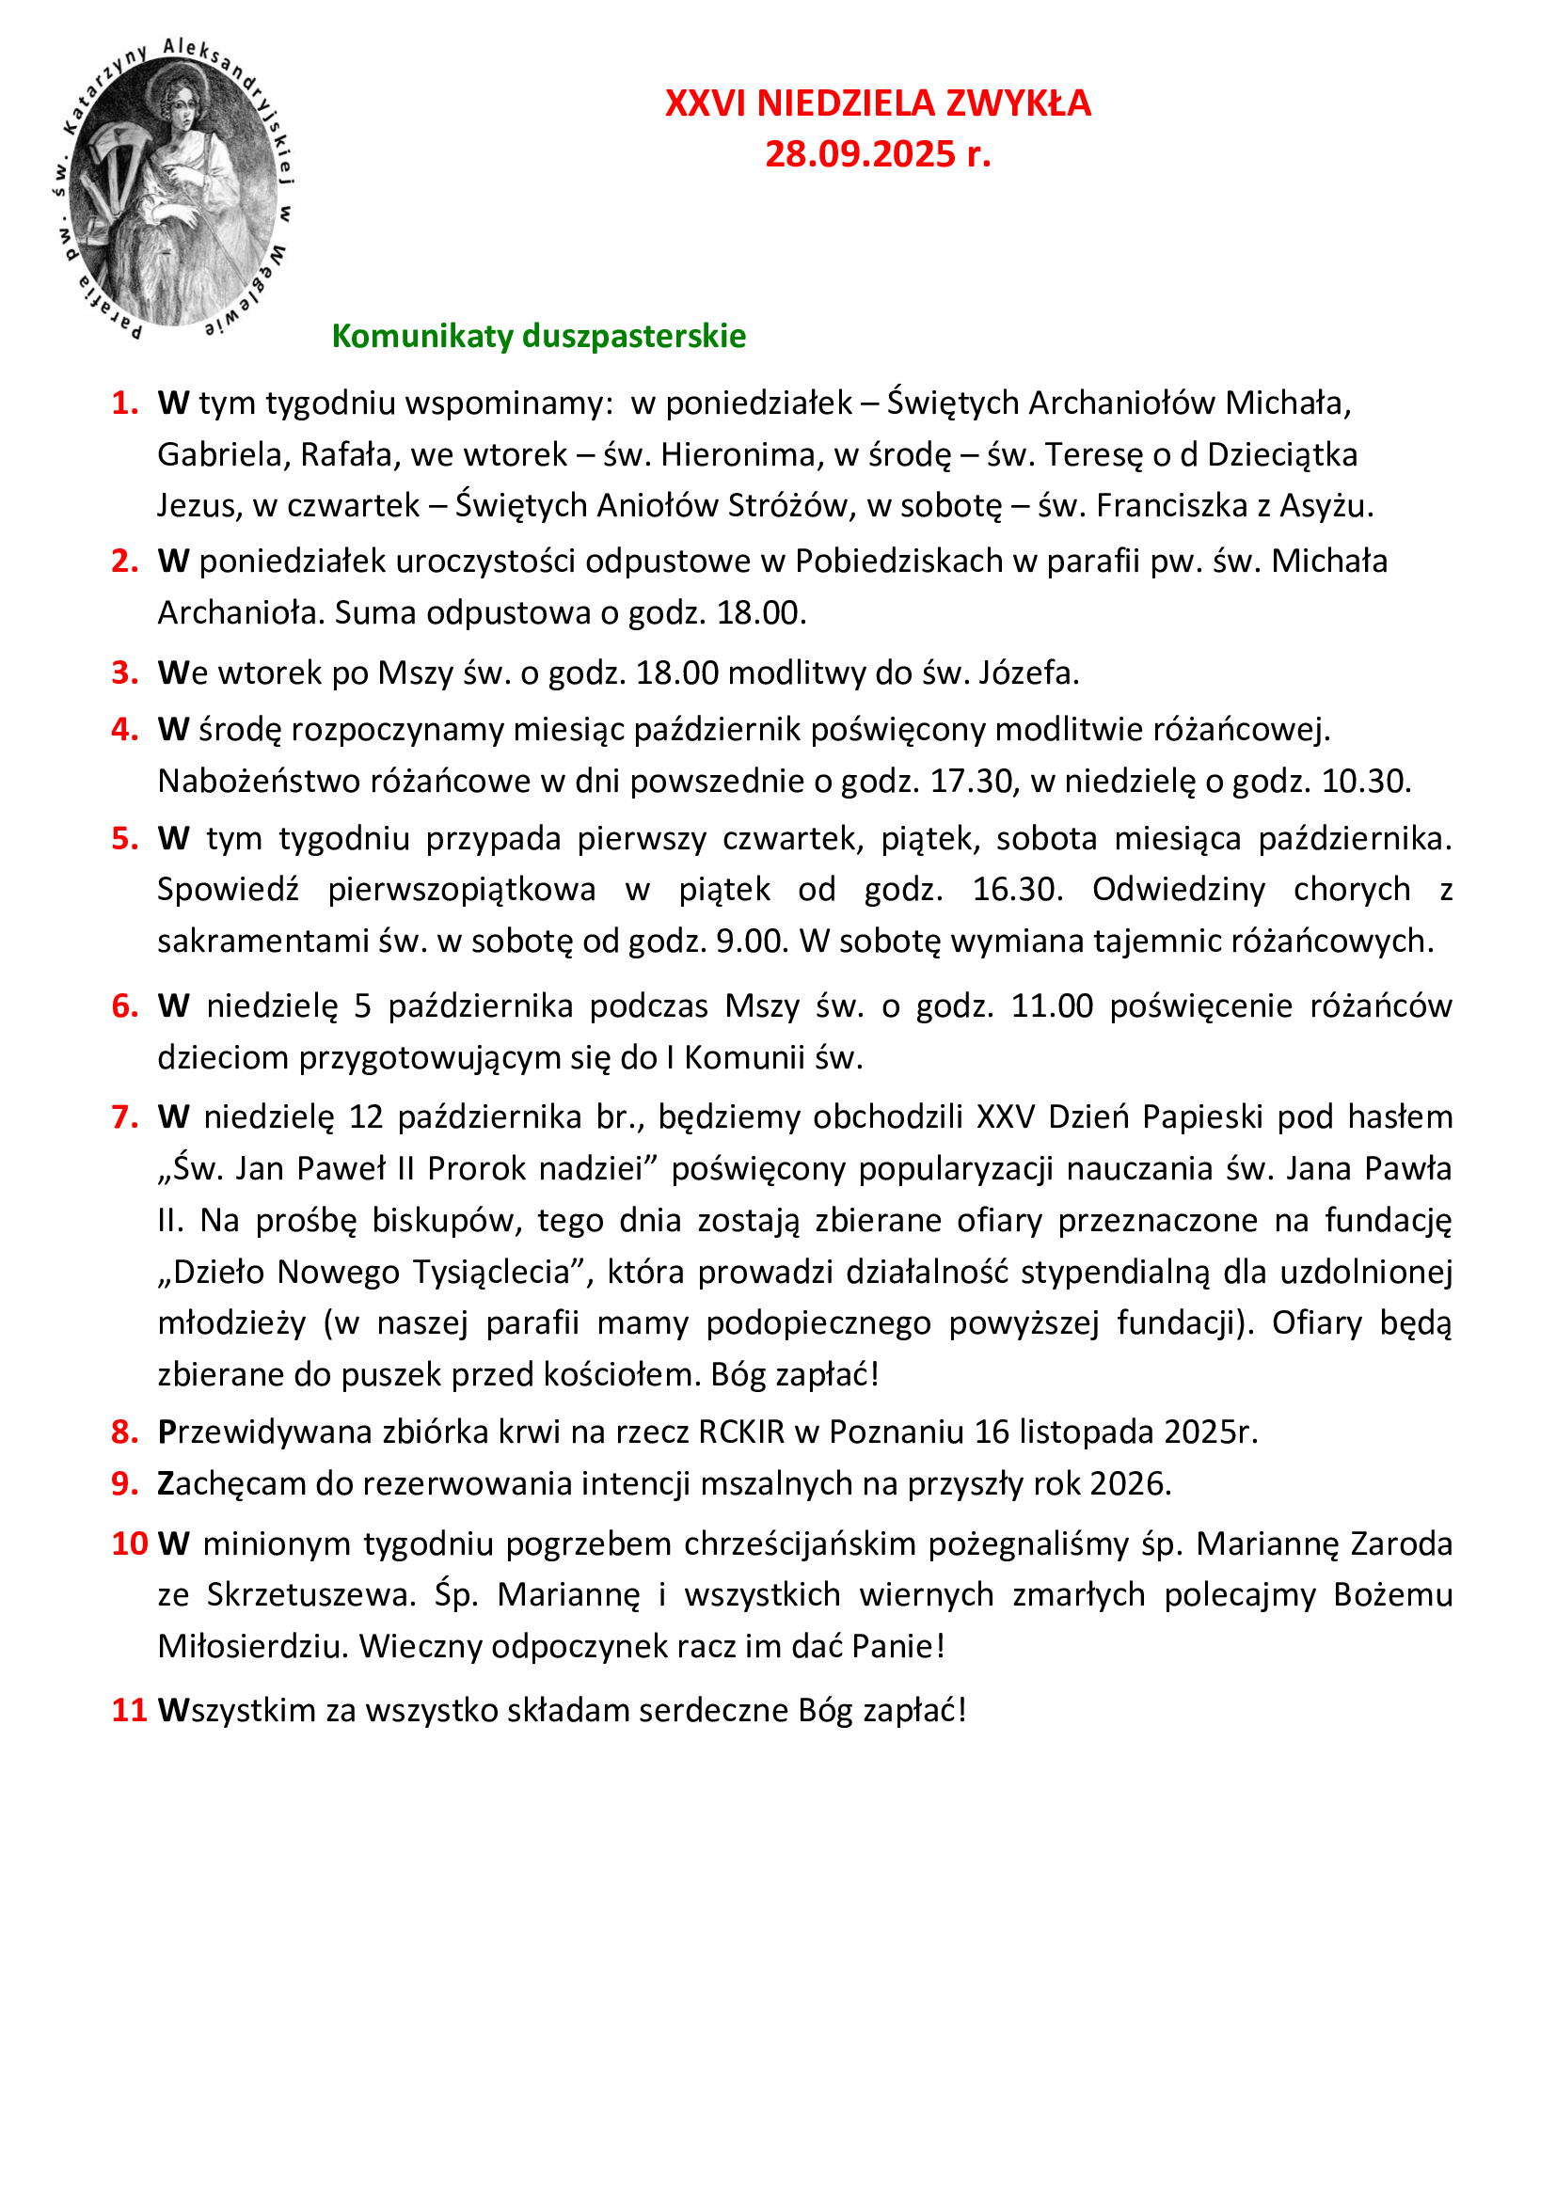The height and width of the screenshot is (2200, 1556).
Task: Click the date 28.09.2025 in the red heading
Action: pyautogui.click(x=860, y=154)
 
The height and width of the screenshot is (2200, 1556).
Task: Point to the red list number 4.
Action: pyautogui.click(x=123, y=730)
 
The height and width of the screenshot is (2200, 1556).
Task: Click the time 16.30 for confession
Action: pyautogui.click(x=1017, y=890)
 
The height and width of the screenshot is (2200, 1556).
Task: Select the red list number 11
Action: pyautogui.click(x=128, y=1710)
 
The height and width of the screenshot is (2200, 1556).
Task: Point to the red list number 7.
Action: pyautogui.click(x=123, y=1117)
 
